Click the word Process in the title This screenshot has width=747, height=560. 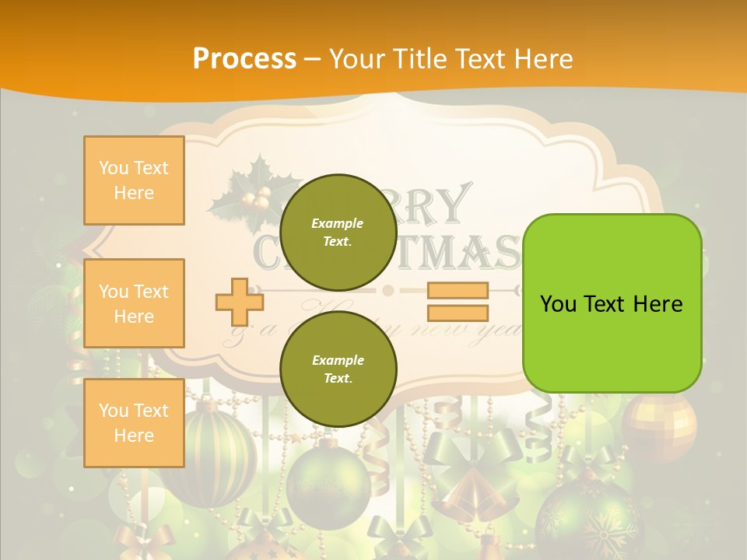pos(244,58)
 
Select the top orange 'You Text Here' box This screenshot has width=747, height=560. pos(134,180)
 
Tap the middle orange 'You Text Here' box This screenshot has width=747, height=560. pos(134,303)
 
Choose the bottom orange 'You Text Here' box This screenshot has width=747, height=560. pos(134,423)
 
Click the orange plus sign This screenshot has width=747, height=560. pos(240,302)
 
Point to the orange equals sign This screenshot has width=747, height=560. pos(458,302)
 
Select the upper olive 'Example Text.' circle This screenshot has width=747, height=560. pos(338,232)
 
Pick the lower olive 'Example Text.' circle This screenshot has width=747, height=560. pos(338,369)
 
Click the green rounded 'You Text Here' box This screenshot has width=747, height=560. pos(612,303)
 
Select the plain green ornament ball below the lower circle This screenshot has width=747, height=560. pos(328,487)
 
